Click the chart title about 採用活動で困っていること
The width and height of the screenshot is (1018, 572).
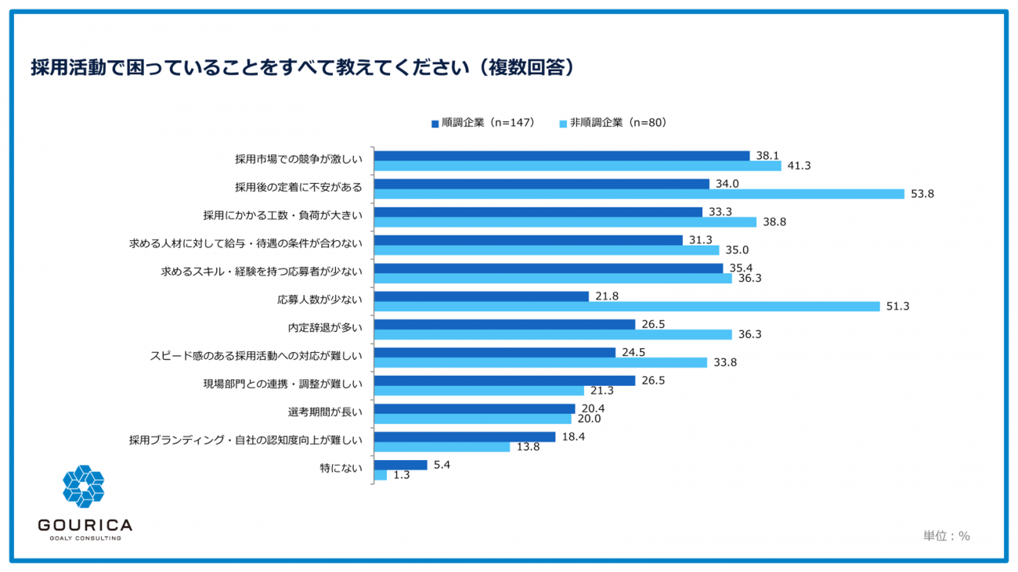click(x=303, y=67)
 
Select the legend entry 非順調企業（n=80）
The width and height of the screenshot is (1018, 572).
click(x=613, y=123)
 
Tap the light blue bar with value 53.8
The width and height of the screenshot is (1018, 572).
click(x=639, y=194)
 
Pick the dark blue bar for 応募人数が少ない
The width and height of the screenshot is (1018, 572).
click(x=482, y=297)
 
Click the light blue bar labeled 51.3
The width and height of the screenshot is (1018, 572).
click(x=626, y=307)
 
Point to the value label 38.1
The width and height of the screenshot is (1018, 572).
click(x=767, y=155)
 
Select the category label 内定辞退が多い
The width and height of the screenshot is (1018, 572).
click(x=325, y=328)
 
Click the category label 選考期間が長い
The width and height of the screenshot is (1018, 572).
click(x=325, y=412)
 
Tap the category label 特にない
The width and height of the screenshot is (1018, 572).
click(x=341, y=468)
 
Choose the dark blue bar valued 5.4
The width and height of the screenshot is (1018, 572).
click(x=400, y=465)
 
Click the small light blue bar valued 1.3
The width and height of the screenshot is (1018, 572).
click(x=381, y=475)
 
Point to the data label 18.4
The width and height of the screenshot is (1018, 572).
click(x=573, y=437)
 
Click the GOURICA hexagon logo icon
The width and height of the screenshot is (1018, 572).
click(x=84, y=486)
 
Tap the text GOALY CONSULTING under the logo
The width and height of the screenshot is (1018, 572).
click(x=85, y=538)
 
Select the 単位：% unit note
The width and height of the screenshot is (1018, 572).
click(x=946, y=536)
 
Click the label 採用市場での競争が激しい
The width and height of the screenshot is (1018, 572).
click(x=298, y=160)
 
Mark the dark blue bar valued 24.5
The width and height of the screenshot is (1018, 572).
click(x=494, y=353)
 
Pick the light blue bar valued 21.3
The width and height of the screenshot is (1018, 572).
click(x=479, y=390)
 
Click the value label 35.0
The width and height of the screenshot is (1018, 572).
click(x=737, y=250)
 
